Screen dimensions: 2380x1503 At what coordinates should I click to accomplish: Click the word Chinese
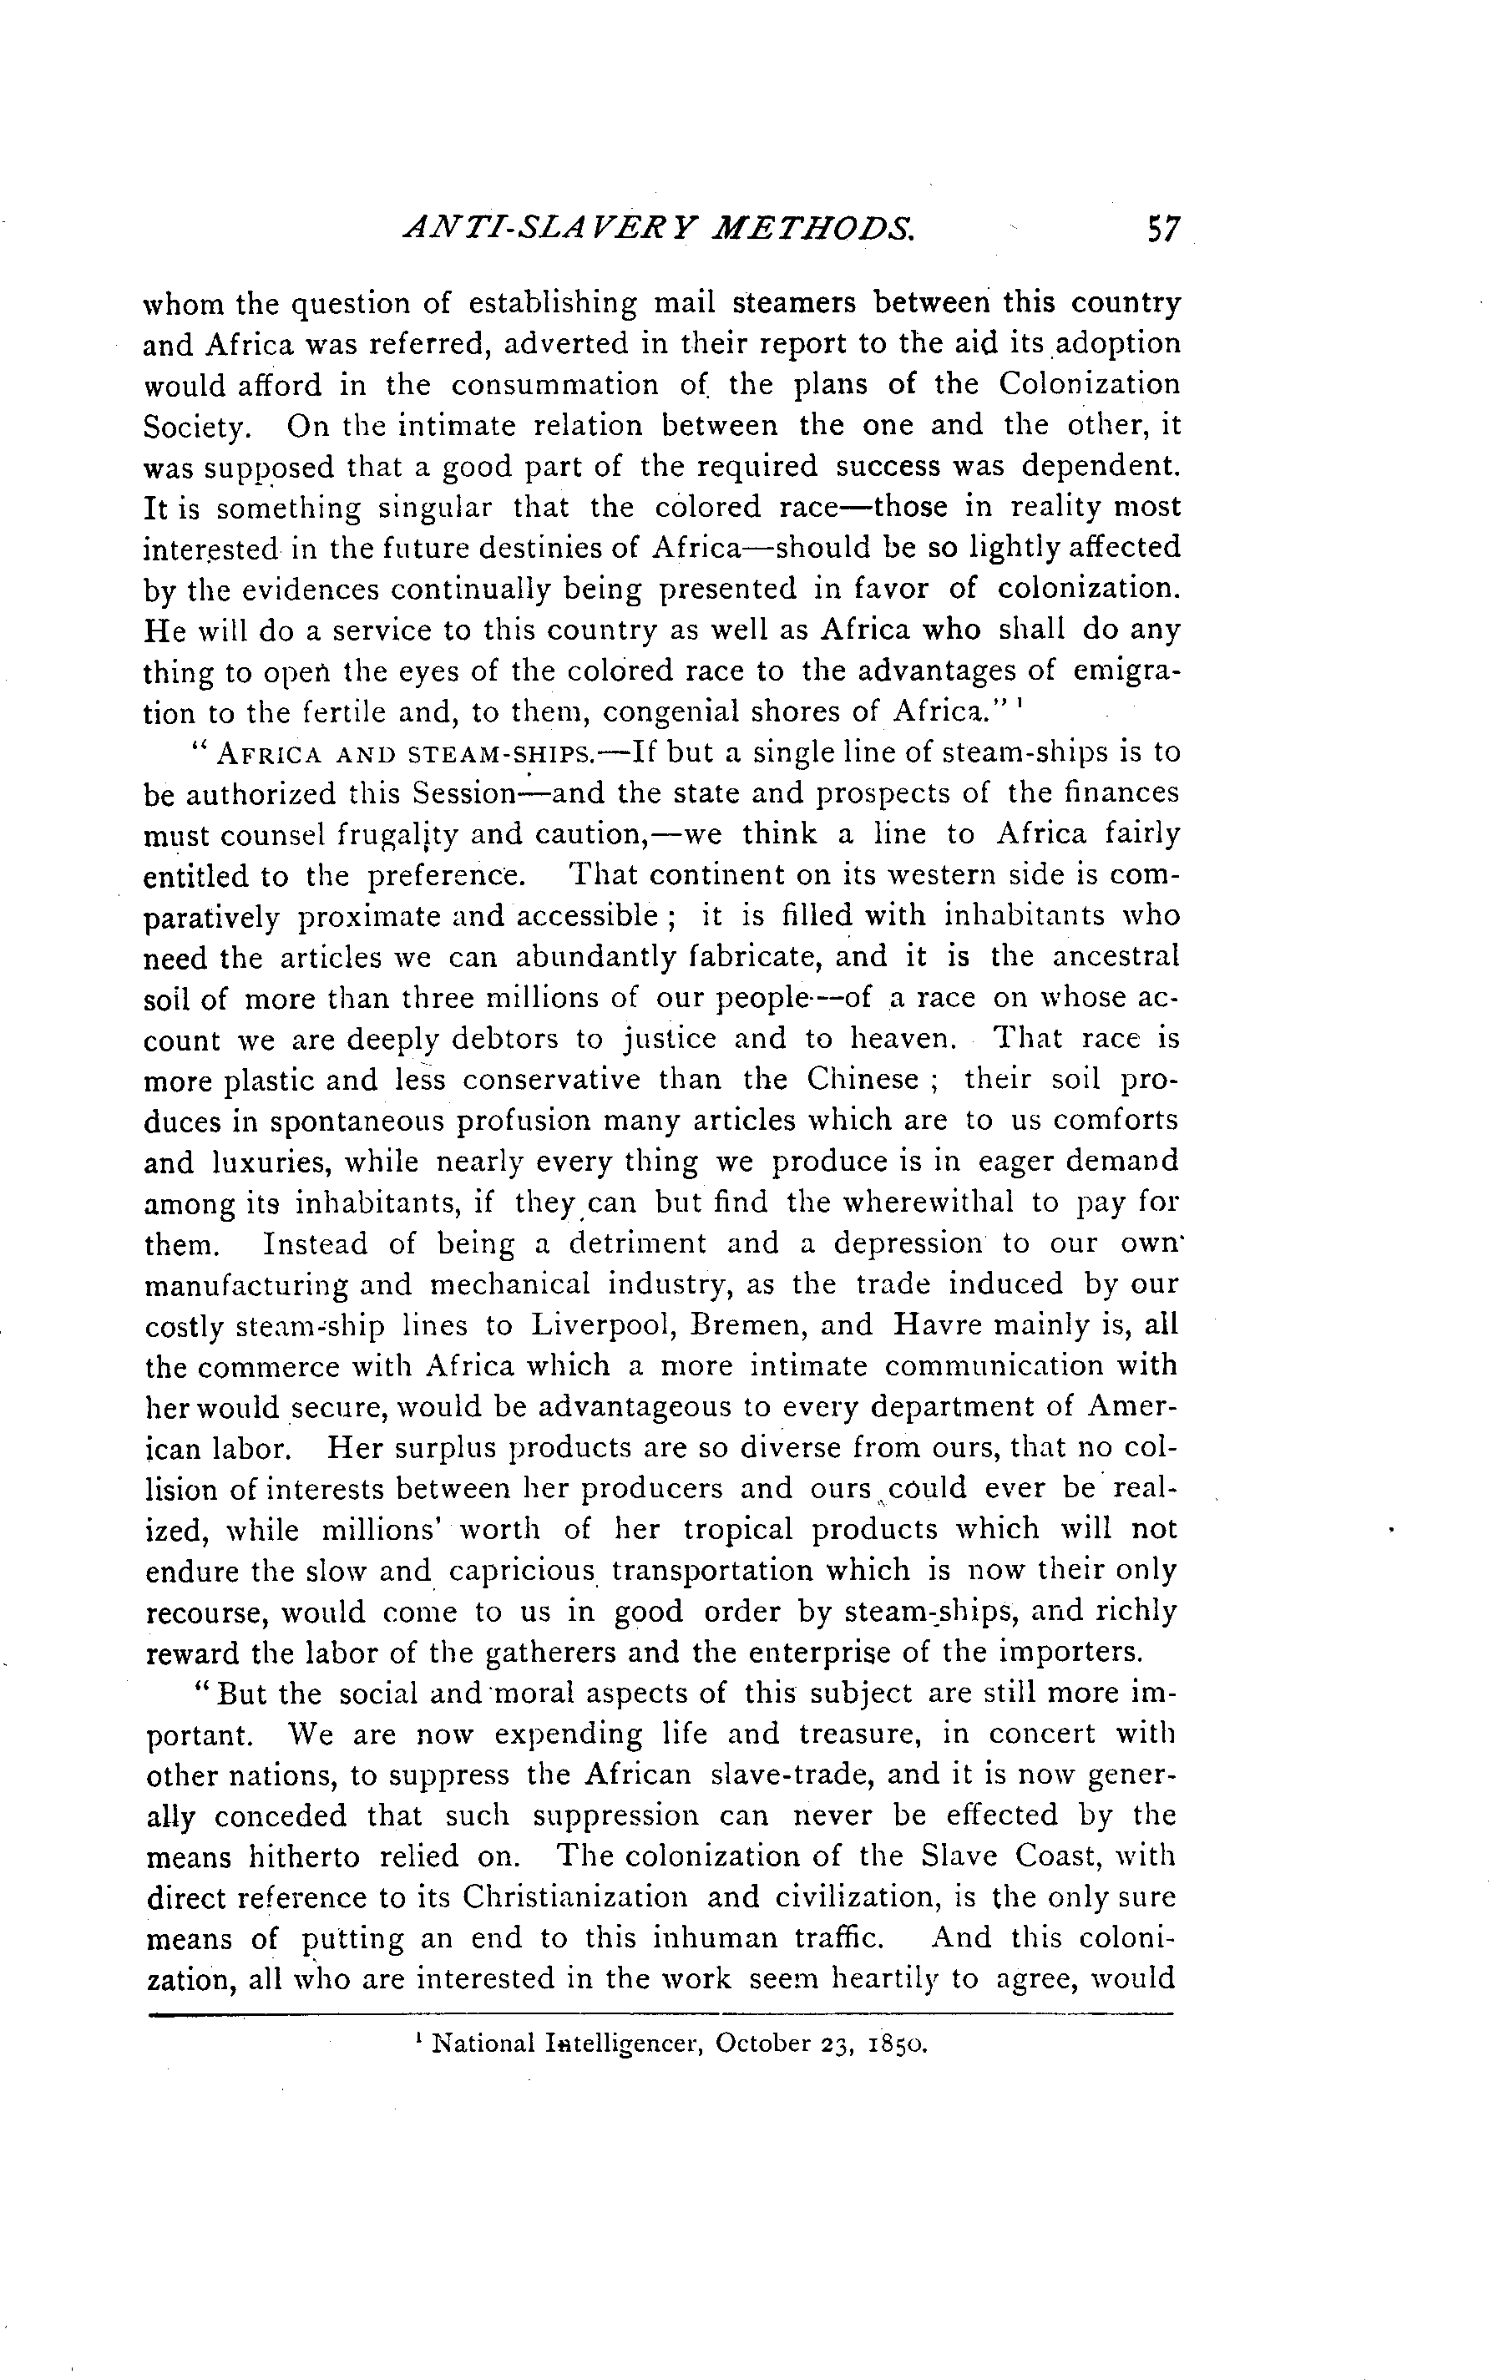pyautogui.click(x=862, y=1078)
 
